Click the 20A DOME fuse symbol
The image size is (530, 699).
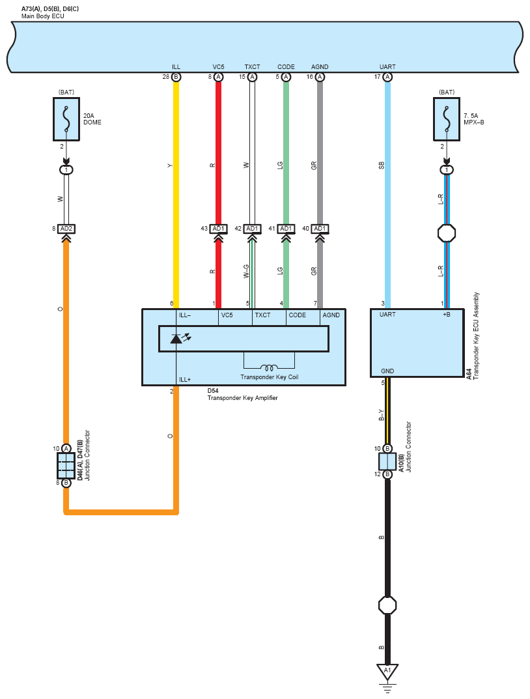click(66, 119)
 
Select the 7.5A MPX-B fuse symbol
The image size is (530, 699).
click(446, 119)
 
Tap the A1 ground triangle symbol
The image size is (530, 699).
click(387, 671)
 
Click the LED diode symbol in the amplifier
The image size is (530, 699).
click(177, 339)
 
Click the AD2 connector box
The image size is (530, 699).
click(66, 229)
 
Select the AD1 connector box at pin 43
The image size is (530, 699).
click(218, 229)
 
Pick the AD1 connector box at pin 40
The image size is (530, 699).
click(319, 229)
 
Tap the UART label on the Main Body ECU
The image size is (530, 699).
click(387, 67)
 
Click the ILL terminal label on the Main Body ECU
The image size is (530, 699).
click(176, 67)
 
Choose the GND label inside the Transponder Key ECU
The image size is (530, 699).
click(387, 371)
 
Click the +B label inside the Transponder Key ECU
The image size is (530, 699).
click(446, 315)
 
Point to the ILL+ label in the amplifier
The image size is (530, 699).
click(185, 379)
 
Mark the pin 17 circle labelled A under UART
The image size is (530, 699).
click(387, 78)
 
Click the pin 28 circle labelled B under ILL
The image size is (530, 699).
click(176, 78)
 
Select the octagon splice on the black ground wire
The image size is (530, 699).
click(387, 605)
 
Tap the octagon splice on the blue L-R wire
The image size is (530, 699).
click(446, 233)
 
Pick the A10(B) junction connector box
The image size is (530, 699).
click(387, 462)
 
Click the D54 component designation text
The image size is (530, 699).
click(213, 391)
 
